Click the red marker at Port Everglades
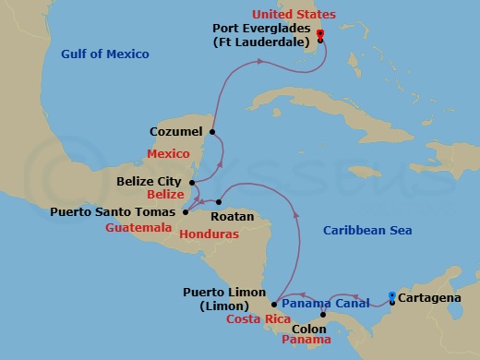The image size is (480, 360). pyautogui.click(x=320, y=35)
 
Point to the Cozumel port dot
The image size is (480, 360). pyautogui.click(x=212, y=132)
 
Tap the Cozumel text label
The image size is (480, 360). pyautogui.click(x=176, y=132)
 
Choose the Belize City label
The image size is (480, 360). pyautogui.click(x=150, y=182)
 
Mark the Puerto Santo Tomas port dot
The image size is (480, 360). pyautogui.click(x=186, y=211)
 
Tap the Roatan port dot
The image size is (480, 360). pyautogui.click(x=220, y=202)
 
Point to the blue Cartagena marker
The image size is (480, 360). pyautogui.click(x=392, y=296)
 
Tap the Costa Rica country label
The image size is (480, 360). pyautogui.click(x=252, y=318)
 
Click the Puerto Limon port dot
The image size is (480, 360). pyautogui.click(x=274, y=303)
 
